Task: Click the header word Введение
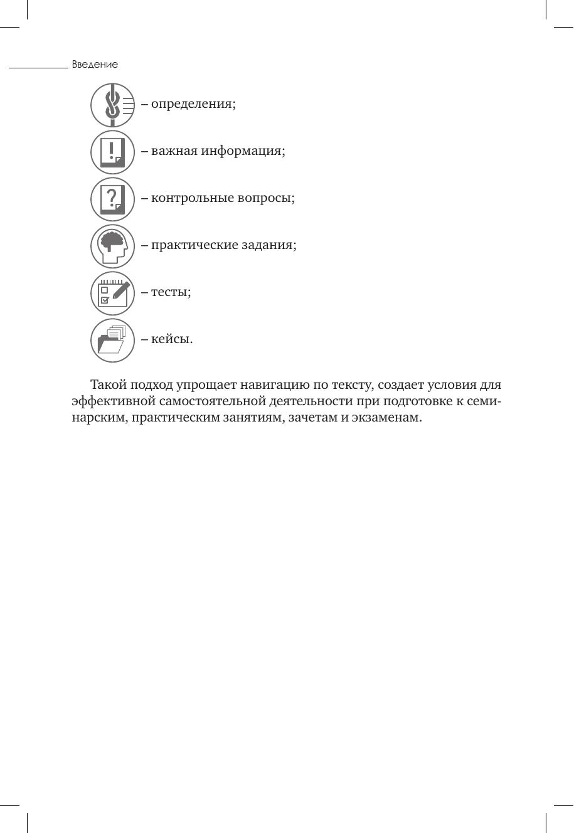point(95,65)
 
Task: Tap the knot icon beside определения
point(113,105)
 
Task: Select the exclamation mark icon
point(113,152)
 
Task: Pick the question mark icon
point(113,199)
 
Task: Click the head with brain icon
point(113,246)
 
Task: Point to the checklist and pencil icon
point(113,293)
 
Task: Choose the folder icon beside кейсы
point(113,340)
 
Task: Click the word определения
point(193,104)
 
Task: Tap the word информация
point(243,151)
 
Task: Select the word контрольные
point(192,198)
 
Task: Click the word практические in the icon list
point(195,245)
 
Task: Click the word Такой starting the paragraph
point(108,385)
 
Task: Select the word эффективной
point(113,401)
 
